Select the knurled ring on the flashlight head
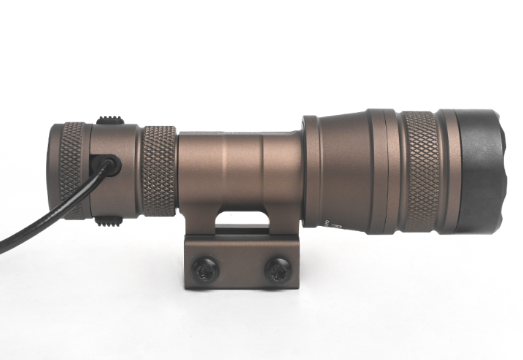point(421,171)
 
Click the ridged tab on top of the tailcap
point(109,120)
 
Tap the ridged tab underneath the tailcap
point(109,221)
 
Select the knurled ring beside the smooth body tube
point(158,171)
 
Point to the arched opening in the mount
point(240,219)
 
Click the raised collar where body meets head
point(310,171)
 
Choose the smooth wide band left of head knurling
point(382,171)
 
